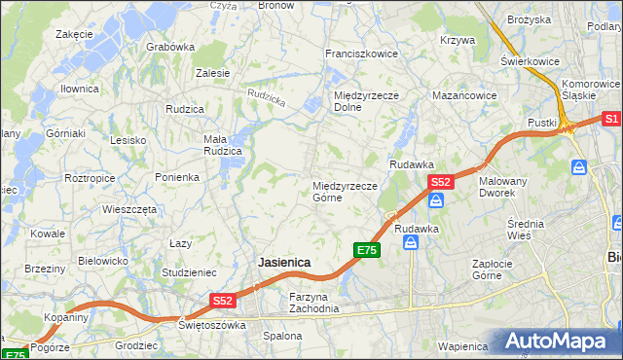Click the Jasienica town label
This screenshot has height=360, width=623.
[284, 263]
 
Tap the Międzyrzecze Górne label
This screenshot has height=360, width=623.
[345, 192]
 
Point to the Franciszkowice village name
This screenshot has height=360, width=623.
[361, 54]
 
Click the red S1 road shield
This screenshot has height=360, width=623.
[611, 119]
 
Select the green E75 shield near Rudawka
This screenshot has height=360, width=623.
[366, 250]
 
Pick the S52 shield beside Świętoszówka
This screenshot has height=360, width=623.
[223, 302]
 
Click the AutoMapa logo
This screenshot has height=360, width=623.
[559, 341]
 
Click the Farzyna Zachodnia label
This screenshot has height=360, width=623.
[313, 303]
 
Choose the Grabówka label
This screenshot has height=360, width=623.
[169, 46]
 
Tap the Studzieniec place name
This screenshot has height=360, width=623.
[189, 272]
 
